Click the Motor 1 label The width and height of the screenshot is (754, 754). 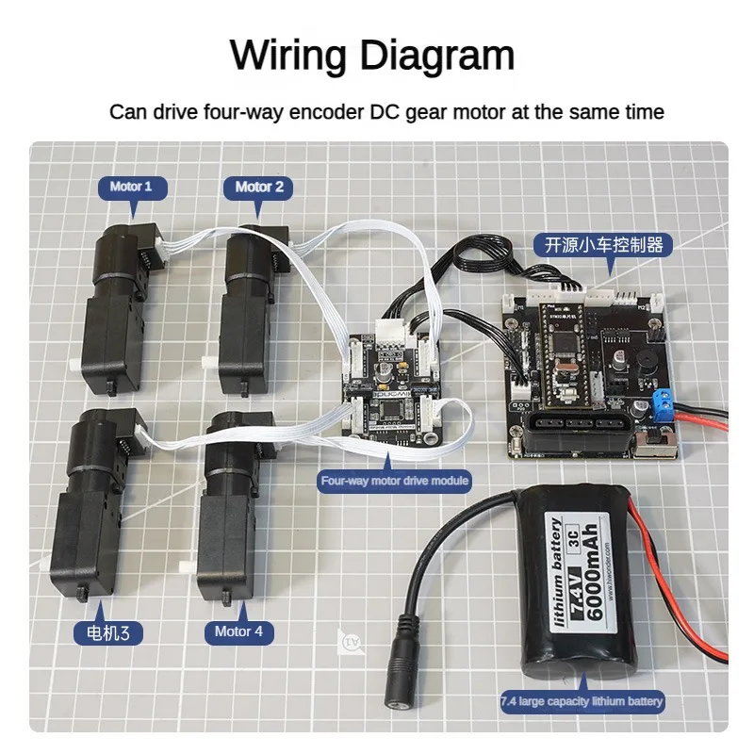[x=131, y=187]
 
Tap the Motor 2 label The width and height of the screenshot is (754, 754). [x=259, y=187]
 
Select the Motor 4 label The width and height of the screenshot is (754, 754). [x=239, y=631]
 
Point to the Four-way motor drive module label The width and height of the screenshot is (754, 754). [x=395, y=481]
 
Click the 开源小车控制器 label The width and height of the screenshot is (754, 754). [x=604, y=246]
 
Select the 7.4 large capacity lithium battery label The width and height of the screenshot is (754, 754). [x=582, y=701]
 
